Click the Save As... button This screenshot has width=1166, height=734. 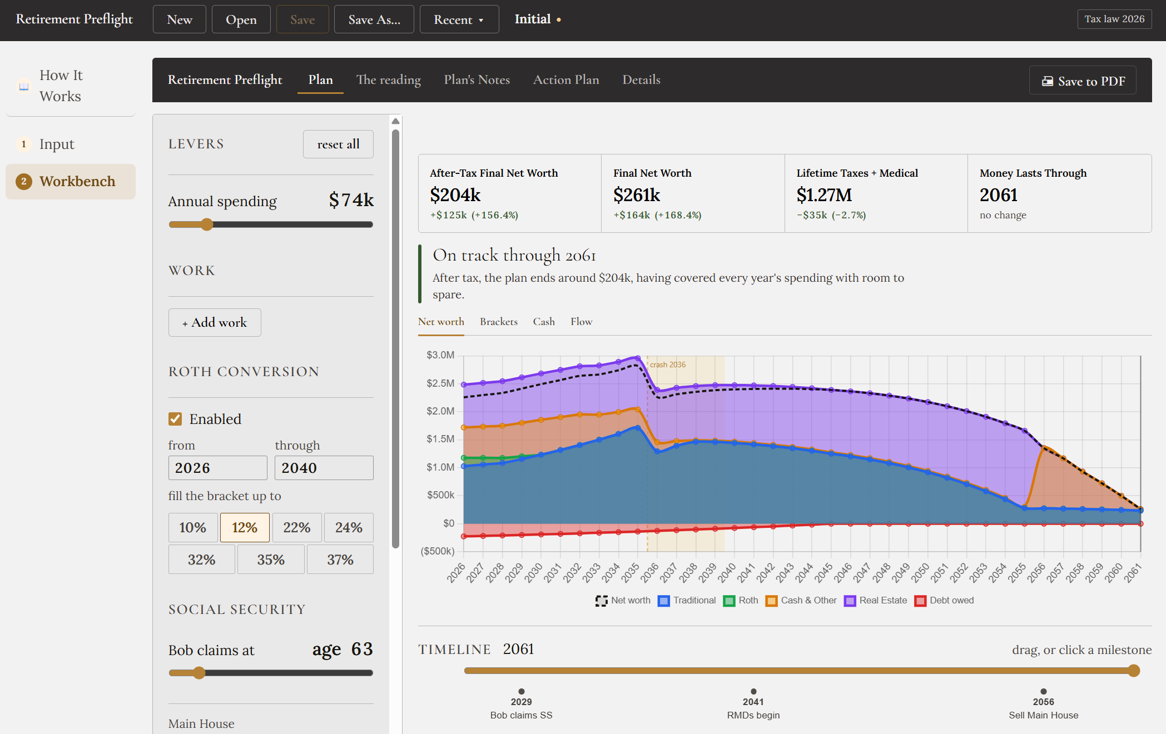click(x=374, y=19)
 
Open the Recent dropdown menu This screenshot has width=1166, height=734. click(x=459, y=19)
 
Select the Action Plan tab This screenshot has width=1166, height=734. click(x=566, y=79)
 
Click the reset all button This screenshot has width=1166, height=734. click(x=338, y=144)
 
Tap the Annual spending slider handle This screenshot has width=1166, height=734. click(x=207, y=224)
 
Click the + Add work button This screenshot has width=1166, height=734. click(x=215, y=322)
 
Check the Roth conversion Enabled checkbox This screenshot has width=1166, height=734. click(x=175, y=419)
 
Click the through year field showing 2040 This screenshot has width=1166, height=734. click(x=324, y=468)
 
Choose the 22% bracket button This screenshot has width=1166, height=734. click(x=297, y=527)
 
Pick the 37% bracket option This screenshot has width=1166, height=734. click(x=340, y=560)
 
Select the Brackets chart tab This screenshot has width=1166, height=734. click(x=499, y=322)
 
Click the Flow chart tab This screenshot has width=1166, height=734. click(x=581, y=322)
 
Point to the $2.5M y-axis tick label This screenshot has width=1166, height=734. click(x=440, y=383)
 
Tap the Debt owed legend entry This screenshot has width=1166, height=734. click(x=945, y=601)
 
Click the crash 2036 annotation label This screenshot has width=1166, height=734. click(x=668, y=364)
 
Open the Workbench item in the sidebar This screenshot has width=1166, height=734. click(x=71, y=182)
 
